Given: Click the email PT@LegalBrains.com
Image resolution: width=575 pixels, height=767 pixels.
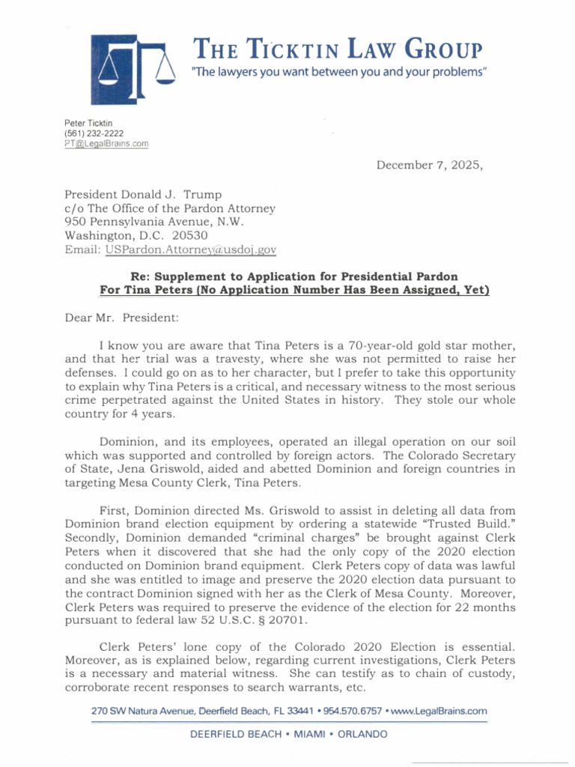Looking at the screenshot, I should [x=107, y=143].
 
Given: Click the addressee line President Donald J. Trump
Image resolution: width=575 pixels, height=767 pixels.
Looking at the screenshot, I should [x=143, y=195].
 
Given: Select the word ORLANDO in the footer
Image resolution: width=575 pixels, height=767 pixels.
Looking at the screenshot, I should [x=363, y=735].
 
